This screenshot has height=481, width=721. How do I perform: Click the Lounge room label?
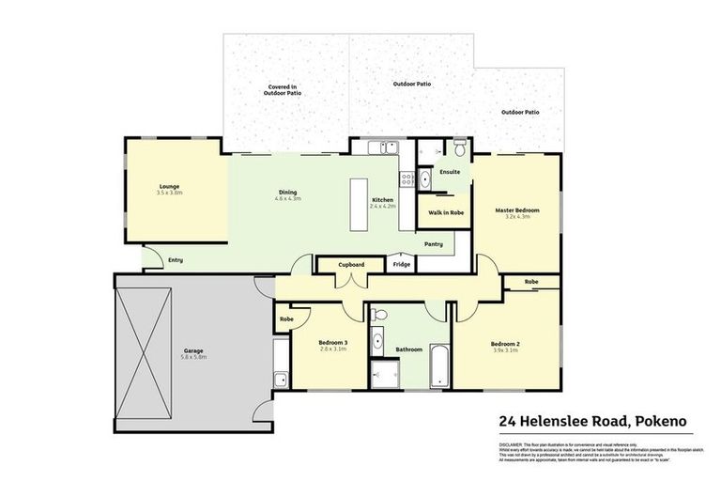tap(169, 186)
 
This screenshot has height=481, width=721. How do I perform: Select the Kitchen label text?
tap(383, 200)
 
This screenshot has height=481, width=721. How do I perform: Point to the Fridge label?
tap(402, 265)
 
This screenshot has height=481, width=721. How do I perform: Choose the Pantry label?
tap(434, 244)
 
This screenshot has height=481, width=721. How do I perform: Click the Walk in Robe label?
tap(446, 213)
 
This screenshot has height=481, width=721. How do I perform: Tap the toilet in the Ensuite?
tap(459, 149)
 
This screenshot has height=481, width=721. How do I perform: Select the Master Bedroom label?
tap(517, 210)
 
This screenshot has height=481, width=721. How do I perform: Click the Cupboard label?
tap(351, 265)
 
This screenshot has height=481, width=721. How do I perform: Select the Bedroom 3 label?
tap(332, 344)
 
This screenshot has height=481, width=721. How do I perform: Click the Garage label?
tap(192, 351)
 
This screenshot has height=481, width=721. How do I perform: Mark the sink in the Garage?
tap(280, 380)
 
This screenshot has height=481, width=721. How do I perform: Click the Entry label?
tap(176, 260)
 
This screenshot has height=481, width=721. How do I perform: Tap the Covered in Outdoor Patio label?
tap(283, 90)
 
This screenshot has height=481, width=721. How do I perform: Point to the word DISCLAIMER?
tap(514, 442)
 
